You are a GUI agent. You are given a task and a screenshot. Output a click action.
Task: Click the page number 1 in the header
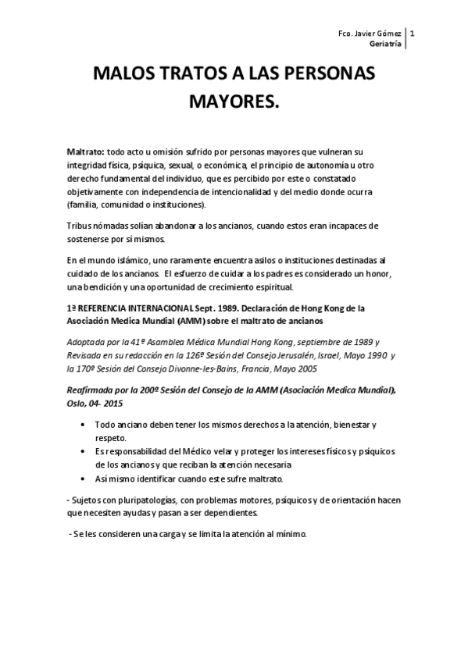413,34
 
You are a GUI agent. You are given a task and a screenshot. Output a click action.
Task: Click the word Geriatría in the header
388,45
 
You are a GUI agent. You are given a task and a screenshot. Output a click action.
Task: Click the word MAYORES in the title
234,102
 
